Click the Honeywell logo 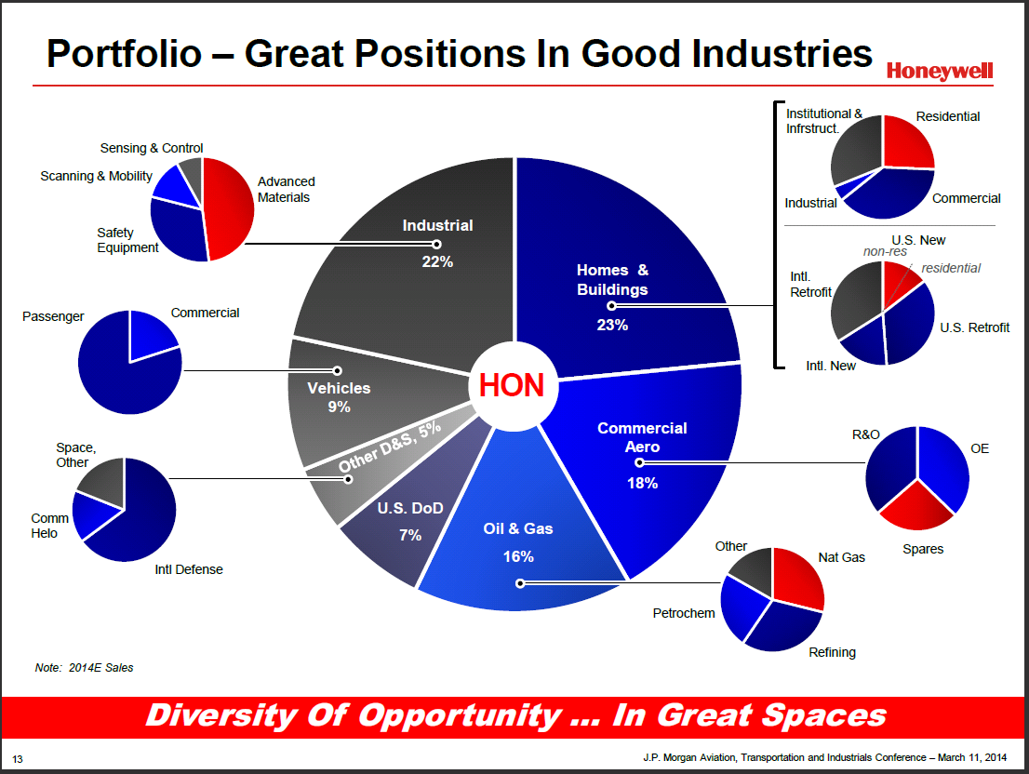(939, 72)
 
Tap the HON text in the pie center (512, 385)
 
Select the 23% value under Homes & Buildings (612, 325)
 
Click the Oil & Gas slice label (518, 528)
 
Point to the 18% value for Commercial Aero (642, 483)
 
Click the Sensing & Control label (151, 148)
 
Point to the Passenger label (53, 316)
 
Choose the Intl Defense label (189, 569)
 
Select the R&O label (866, 434)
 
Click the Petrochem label (684, 613)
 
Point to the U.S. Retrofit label (974, 327)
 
